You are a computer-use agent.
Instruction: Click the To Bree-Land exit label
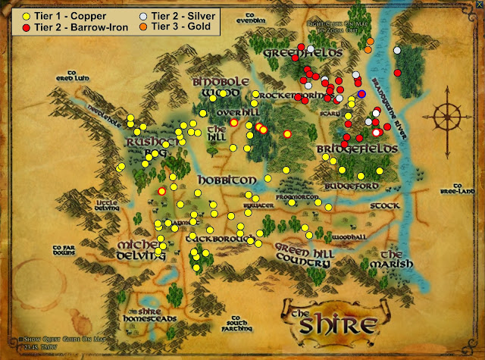click(x=463, y=188)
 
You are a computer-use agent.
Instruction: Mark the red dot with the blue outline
click(x=362, y=94)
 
